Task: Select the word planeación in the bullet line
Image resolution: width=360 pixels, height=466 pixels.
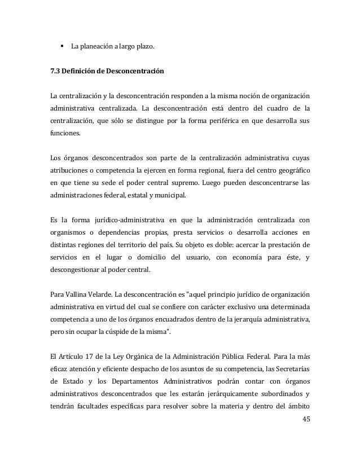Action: [x=97, y=45]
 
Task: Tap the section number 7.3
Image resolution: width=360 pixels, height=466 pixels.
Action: [x=56, y=72]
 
